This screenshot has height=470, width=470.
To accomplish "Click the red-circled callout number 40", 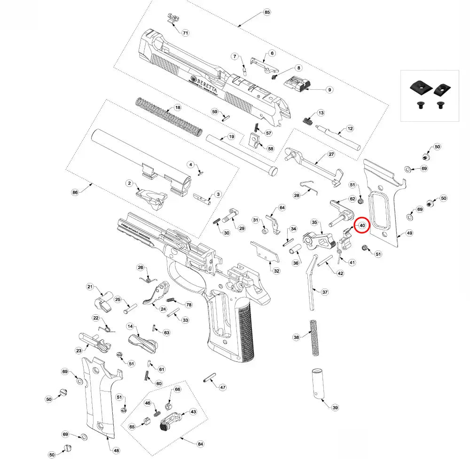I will pos(362,226).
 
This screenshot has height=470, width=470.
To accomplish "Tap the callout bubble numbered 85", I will pos(267,12).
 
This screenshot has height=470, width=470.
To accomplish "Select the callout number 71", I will pos(185,33).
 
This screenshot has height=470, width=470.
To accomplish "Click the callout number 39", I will pos(335,407).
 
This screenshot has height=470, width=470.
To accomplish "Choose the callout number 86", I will pos(75,192).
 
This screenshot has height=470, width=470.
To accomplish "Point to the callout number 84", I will pos(200,444).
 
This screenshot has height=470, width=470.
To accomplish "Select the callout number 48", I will pos(117,450).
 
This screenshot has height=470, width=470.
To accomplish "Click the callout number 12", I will pos(350,128).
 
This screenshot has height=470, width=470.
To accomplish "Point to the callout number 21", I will pos(91,287).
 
